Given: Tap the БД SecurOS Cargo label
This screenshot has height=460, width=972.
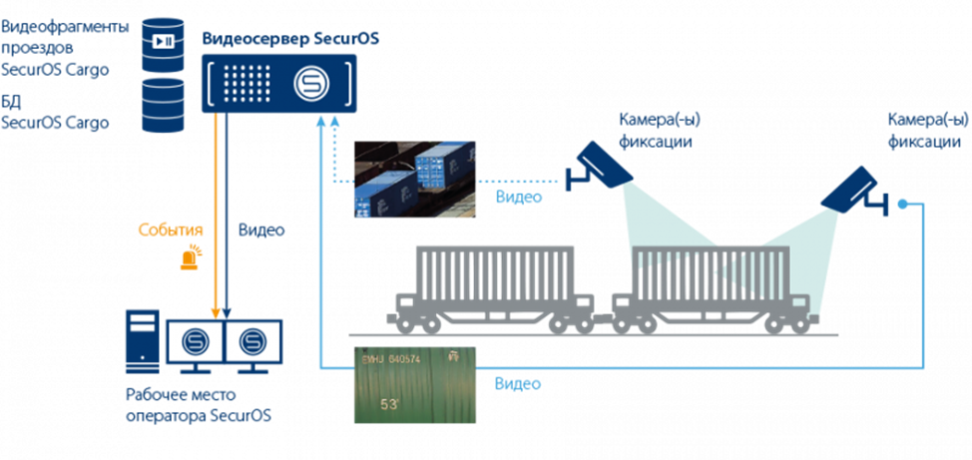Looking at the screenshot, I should [55, 113].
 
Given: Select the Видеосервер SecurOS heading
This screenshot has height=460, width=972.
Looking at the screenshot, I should [290, 39].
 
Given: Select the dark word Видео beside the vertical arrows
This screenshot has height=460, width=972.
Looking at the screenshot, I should [261, 230].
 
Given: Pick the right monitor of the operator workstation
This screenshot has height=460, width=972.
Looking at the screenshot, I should [252, 342].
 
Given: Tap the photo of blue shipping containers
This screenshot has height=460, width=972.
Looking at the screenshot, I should [414, 179].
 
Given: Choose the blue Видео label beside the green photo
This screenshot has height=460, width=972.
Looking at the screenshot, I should [519, 384].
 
